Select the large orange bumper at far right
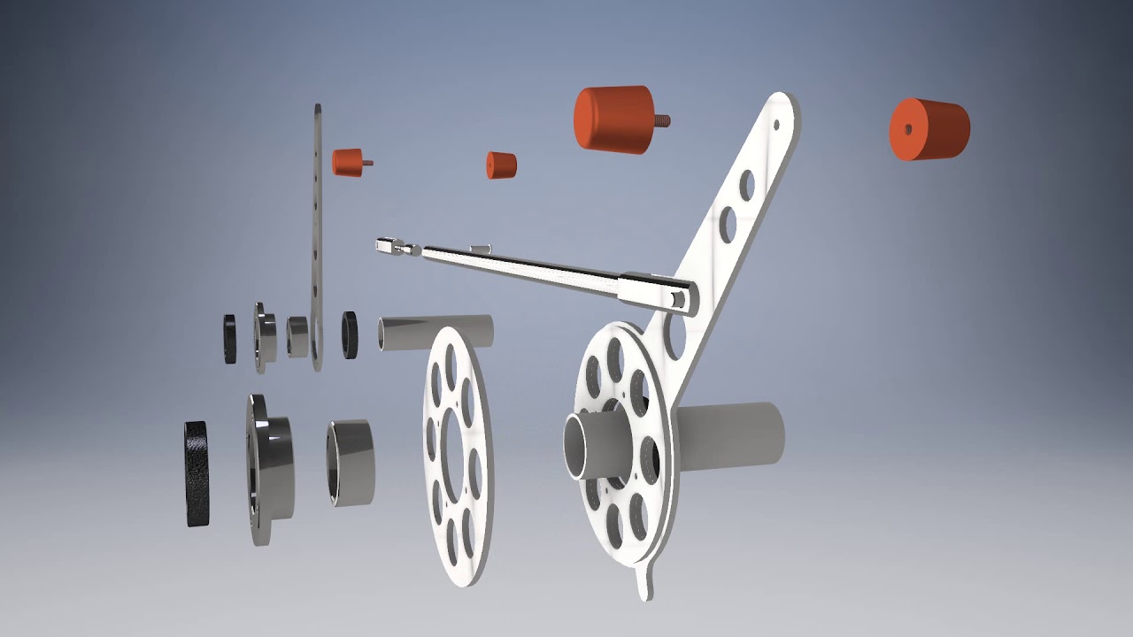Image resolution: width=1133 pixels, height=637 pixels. click(929, 129)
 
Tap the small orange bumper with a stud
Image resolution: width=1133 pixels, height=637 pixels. click(348, 162)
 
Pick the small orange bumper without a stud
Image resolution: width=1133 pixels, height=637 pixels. click(501, 165)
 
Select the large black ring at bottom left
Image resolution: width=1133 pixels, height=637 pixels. click(197, 473)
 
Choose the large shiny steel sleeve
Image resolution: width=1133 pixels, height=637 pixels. click(351, 462)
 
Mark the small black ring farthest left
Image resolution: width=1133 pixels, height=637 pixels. click(230, 339)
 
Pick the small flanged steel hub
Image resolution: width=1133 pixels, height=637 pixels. click(265, 337)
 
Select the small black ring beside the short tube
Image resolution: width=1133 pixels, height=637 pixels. click(350, 334)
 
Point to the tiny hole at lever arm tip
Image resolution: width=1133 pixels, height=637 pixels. click(776, 125)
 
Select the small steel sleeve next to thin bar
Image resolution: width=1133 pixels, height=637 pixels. click(297, 337)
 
